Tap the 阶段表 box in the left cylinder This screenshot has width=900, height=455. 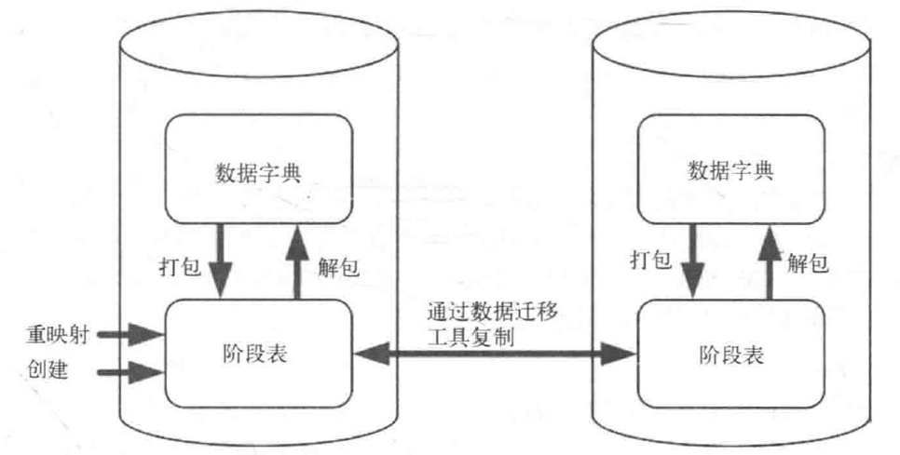pyautogui.click(x=259, y=352)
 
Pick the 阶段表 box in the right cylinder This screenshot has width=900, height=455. pyautogui.click(x=730, y=355)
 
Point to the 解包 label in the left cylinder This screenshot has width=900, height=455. pyautogui.click(x=332, y=268)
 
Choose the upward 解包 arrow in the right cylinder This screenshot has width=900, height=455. pyautogui.click(x=770, y=264)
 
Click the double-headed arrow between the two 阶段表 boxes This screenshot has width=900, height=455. pyautogui.click(x=493, y=352)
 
